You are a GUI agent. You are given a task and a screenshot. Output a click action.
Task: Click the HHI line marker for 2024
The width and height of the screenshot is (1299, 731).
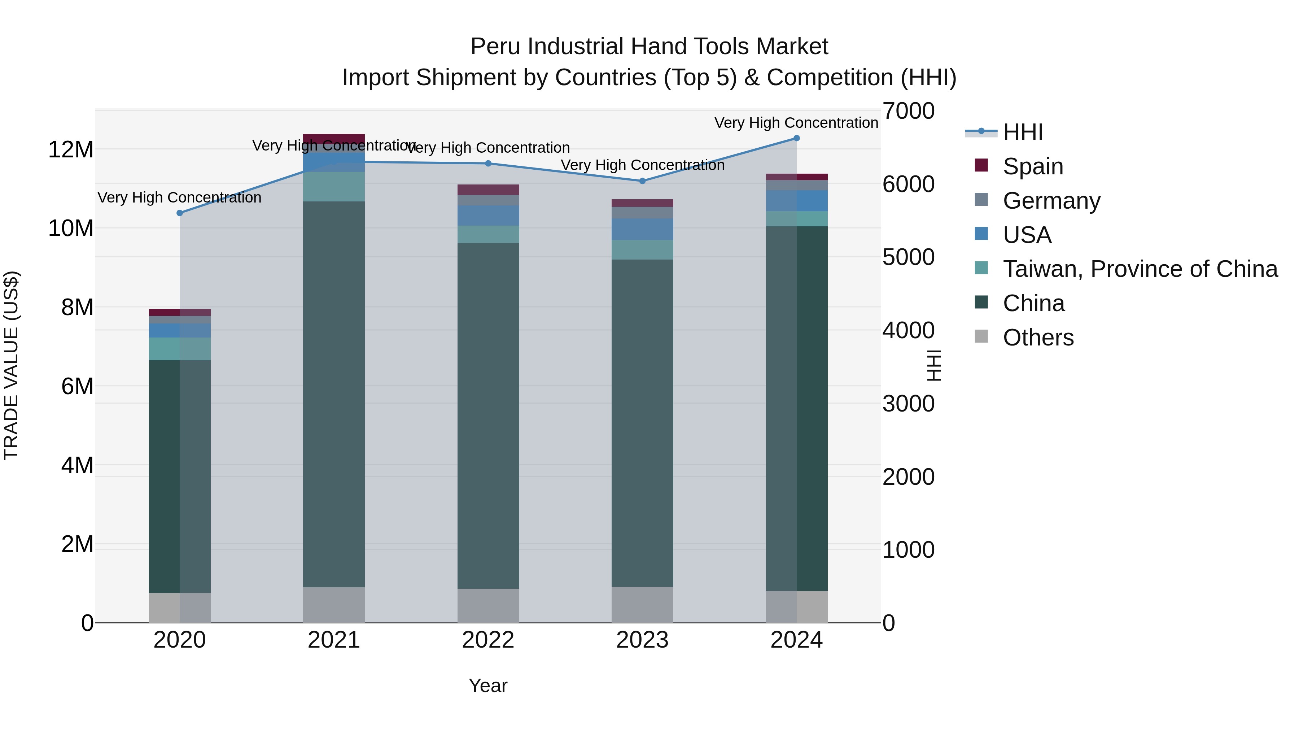click(x=796, y=138)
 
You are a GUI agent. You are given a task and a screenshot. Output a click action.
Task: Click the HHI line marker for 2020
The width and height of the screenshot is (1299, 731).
click(x=180, y=213)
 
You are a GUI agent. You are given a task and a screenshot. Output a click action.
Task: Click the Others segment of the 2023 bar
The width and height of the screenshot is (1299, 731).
click(x=642, y=604)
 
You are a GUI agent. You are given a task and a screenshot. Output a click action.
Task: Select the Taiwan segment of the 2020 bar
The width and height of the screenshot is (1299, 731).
click(x=180, y=349)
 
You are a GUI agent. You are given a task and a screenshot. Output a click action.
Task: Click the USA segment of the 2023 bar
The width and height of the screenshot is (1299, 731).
click(x=642, y=229)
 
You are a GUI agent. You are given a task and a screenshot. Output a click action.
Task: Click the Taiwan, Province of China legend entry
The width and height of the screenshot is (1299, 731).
click(x=1140, y=269)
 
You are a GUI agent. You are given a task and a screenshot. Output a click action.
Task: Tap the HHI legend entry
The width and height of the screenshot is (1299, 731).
click(x=1022, y=132)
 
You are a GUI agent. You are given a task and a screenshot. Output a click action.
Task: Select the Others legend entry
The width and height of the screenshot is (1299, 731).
click(x=1038, y=338)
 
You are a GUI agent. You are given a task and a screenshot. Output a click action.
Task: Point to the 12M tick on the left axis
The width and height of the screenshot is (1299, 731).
click(x=71, y=150)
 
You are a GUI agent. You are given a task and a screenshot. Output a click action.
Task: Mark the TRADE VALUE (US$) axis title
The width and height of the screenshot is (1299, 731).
click(x=11, y=365)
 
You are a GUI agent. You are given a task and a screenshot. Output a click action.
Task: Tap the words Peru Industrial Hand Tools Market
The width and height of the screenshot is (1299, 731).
click(x=649, y=47)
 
